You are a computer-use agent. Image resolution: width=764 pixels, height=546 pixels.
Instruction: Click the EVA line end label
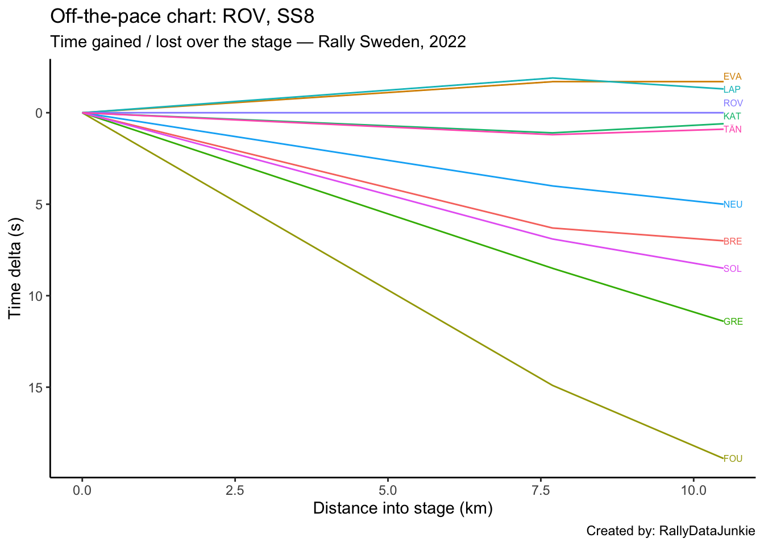(x=732, y=77)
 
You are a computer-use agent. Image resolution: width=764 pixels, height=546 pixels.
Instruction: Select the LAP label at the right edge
(x=732, y=90)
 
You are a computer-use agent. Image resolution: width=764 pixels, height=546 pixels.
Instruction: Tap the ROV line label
(x=733, y=104)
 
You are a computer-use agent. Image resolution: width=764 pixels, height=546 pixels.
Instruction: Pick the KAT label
(x=732, y=117)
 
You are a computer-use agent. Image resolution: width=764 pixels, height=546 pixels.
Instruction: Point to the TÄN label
(x=732, y=130)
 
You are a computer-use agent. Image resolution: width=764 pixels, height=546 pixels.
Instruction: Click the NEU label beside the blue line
(x=733, y=205)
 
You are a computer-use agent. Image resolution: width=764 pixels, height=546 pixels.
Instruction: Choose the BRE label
(x=732, y=242)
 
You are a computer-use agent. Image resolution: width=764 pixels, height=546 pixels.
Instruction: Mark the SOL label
(x=732, y=269)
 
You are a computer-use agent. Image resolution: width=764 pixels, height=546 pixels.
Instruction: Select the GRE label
(x=733, y=322)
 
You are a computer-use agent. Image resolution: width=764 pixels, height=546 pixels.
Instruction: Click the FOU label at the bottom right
(x=733, y=459)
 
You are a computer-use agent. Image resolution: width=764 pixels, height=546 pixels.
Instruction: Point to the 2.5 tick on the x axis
(x=235, y=489)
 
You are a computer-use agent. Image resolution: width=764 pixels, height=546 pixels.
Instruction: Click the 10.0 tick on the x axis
(x=692, y=489)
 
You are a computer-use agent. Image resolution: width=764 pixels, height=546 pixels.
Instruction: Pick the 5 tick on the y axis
(x=39, y=204)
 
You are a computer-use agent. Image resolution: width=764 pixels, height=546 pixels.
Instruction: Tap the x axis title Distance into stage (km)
(x=402, y=508)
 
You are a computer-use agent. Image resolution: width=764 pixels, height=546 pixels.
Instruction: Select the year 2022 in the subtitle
(x=447, y=42)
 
